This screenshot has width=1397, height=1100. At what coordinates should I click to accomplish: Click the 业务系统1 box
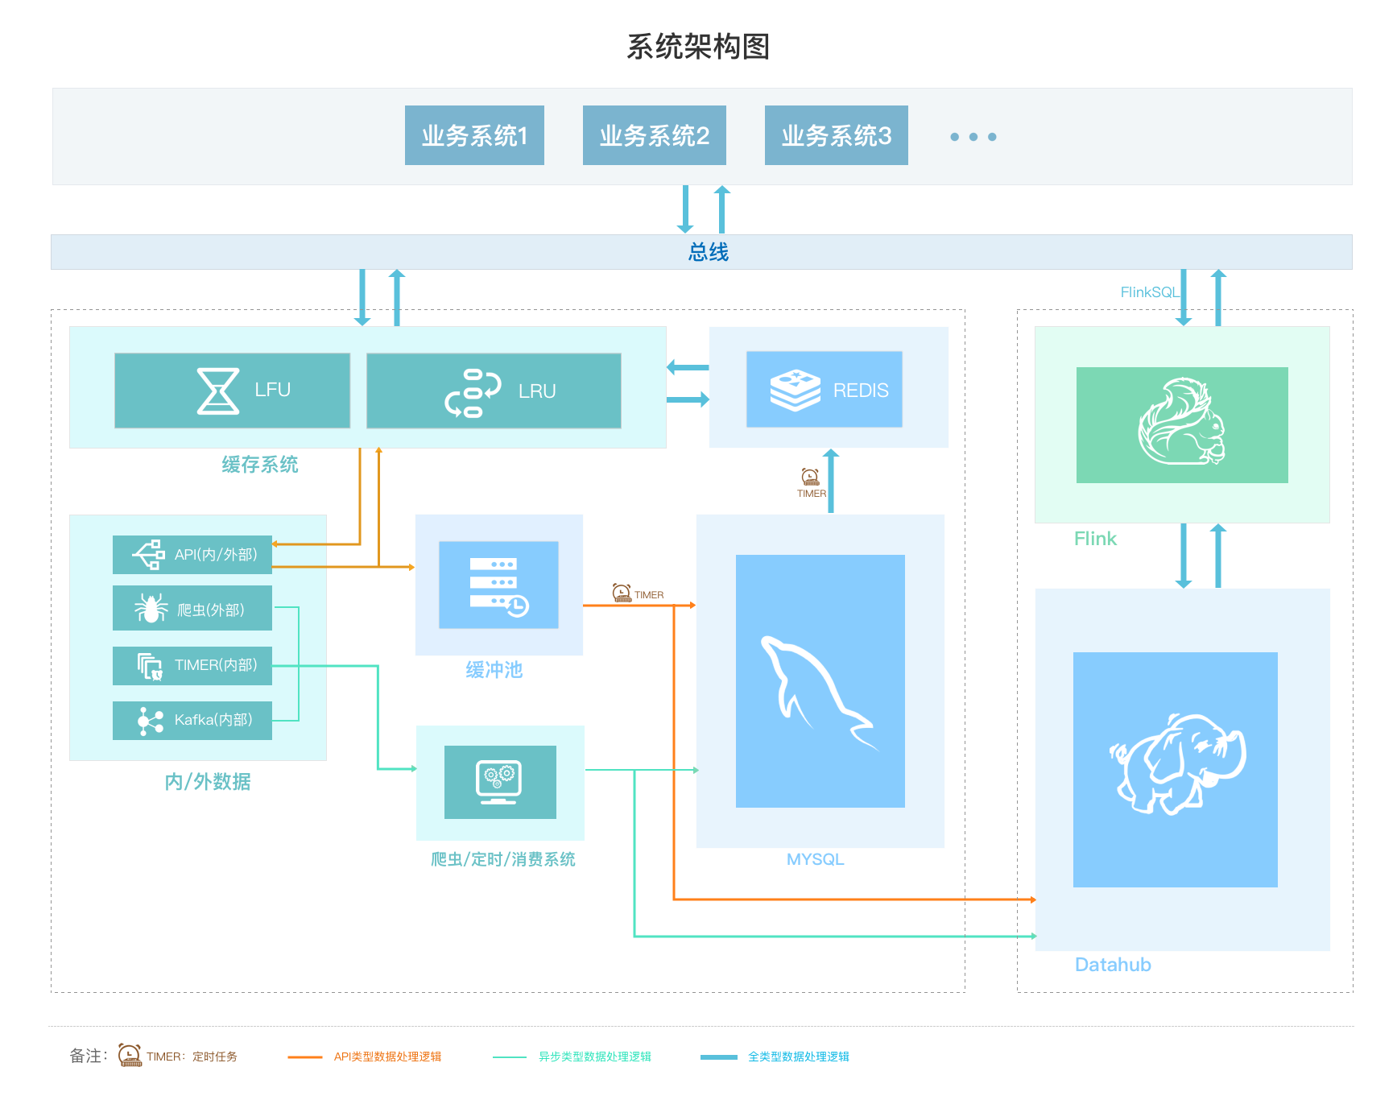tap(474, 135)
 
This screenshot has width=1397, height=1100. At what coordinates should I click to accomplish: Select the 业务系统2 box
tap(655, 135)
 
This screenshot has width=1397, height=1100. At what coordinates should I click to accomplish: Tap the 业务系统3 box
tap(837, 135)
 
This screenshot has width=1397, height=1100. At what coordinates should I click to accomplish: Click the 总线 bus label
tap(709, 253)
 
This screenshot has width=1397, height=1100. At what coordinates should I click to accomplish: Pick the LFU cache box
tap(232, 391)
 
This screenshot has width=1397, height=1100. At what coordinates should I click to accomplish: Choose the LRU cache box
tap(494, 391)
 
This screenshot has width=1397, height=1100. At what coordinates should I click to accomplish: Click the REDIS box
tap(825, 389)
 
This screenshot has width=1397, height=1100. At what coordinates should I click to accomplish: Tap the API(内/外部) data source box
tap(192, 555)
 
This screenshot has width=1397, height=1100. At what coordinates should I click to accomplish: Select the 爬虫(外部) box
tap(192, 608)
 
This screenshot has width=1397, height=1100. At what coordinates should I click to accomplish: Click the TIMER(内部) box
tap(192, 666)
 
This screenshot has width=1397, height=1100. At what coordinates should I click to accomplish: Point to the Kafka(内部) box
tap(192, 721)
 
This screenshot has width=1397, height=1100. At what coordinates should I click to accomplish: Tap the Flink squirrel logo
tap(1181, 422)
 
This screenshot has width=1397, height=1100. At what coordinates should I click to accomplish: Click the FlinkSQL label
tap(1150, 292)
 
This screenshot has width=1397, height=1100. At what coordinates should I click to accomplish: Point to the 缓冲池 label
tap(494, 670)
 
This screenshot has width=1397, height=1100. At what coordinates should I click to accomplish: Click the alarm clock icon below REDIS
tap(810, 477)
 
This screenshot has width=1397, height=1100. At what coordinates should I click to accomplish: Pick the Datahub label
tap(1113, 965)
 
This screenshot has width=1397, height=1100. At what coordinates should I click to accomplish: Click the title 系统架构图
tap(698, 47)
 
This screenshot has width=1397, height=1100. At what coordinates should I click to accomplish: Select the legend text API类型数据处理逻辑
tap(387, 1057)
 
